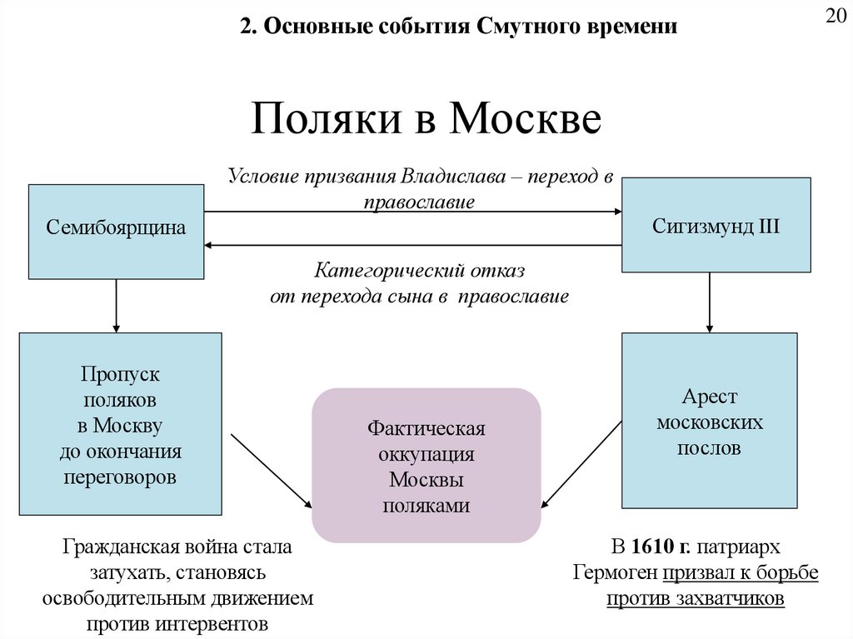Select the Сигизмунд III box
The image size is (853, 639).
coord(716,225)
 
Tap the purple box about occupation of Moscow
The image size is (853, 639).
coord(426,465)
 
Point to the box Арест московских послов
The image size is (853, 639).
coord(710,421)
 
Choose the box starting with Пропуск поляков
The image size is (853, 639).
coord(120,423)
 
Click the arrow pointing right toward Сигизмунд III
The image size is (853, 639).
coord(413,212)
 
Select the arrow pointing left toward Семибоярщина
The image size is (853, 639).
coord(413,245)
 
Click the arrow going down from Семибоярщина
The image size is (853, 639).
coord(116,305)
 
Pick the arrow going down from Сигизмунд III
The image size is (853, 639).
coord(710,302)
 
